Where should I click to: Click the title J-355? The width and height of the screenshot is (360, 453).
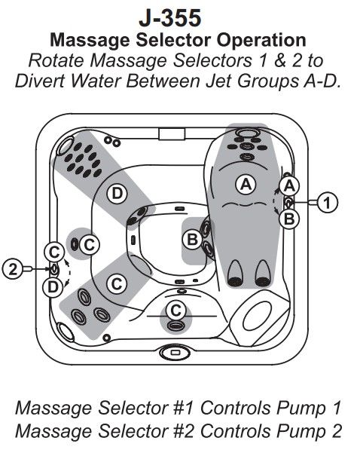[169, 17]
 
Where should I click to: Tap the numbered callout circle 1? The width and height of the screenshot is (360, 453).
[328, 203]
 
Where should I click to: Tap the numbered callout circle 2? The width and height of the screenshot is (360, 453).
[12, 269]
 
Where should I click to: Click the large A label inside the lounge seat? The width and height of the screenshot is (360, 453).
[246, 185]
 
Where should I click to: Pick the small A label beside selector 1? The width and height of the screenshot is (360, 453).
[289, 185]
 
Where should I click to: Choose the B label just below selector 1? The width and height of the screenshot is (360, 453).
[289, 219]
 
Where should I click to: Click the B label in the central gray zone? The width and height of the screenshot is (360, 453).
[192, 240]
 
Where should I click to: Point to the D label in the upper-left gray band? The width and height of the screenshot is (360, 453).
[117, 193]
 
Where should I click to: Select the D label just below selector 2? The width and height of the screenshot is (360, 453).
[53, 287]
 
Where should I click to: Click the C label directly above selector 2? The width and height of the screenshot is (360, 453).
[54, 252]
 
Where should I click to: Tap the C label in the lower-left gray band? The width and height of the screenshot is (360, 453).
[117, 283]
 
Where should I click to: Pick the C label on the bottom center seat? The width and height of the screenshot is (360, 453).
[175, 311]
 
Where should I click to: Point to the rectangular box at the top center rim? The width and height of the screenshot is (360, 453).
[172, 134]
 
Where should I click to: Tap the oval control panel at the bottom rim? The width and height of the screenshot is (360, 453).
[175, 353]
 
